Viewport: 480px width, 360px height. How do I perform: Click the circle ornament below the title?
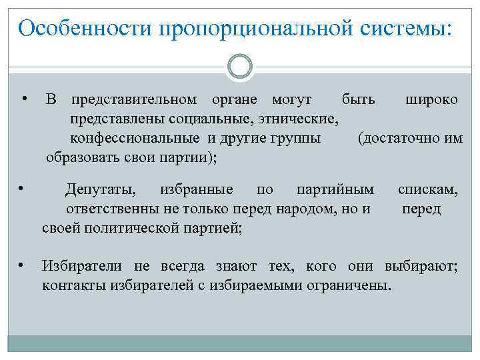[240, 67]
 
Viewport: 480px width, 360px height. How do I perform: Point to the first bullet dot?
[24, 99]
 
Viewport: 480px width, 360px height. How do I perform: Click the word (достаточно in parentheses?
[391, 139]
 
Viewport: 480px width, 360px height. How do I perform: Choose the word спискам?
[428, 190]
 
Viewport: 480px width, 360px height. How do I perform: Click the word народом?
[303, 209]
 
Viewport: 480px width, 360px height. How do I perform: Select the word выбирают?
[421, 267]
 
